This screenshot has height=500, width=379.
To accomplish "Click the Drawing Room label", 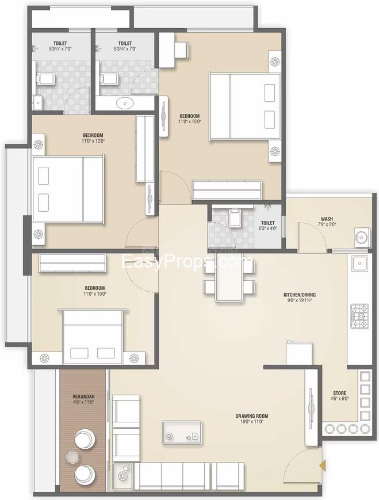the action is click(x=251, y=416).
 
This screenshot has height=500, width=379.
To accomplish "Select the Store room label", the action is click(x=339, y=393).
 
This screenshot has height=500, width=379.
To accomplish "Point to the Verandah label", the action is click(x=83, y=396).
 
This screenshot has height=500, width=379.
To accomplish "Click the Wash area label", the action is click(x=327, y=219).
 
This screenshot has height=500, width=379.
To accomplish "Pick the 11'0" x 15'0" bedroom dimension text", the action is click(x=190, y=121).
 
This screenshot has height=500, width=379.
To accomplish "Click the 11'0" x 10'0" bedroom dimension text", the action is click(x=95, y=293).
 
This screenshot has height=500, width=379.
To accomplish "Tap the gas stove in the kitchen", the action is click(x=360, y=316).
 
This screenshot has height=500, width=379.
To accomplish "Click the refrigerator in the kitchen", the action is click(x=298, y=353).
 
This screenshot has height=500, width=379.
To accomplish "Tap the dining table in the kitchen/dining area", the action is click(x=229, y=277).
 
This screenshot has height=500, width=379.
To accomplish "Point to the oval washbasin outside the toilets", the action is click(x=125, y=103).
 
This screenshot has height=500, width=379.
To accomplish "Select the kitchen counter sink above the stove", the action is click(x=360, y=264).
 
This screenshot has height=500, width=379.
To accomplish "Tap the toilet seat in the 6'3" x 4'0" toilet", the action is click(x=234, y=218).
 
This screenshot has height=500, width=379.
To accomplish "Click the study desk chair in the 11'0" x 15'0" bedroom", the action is click(x=181, y=49).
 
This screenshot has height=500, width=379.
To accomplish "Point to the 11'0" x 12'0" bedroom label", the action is click(x=93, y=138).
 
